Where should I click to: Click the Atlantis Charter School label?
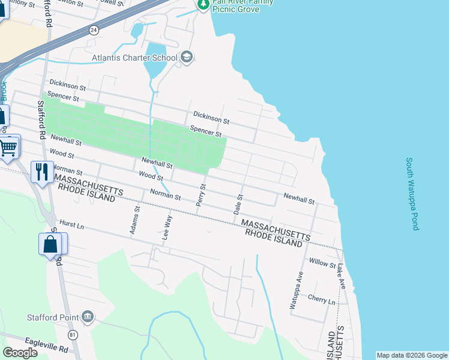pyautogui.click(x=134, y=58)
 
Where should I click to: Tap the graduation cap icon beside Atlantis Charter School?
pyautogui.click(x=186, y=58)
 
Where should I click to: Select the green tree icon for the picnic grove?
pyautogui.click(x=203, y=4)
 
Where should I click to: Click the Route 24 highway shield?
pyautogui.click(x=94, y=29)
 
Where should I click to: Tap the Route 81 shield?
pyautogui.click(x=73, y=334)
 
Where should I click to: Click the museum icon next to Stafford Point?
pyautogui.click(x=88, y=316)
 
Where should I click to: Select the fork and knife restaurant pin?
pyautogui.click(x=41, y=172)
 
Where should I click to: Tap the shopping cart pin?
pyautogui.click(x=8, y=146)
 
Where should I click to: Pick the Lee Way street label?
pyautogui.click(x=166, y=227)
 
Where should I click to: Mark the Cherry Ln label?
pyautogui.click(x=321, y=299)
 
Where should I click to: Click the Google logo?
pyautogui.click(x=20, y=353)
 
